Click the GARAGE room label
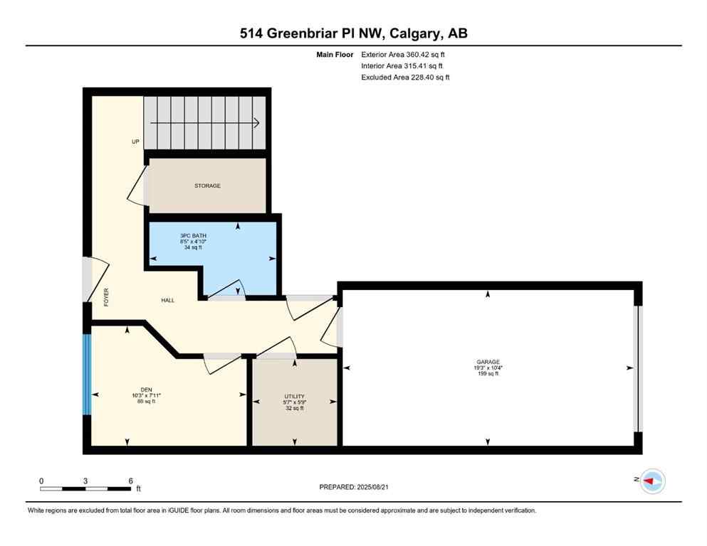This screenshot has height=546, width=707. (488, 362)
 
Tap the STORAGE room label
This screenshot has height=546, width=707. (208, 186)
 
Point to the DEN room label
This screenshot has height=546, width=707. (147, 389)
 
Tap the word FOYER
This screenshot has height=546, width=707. (106, 296)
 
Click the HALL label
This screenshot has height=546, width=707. (167, 300)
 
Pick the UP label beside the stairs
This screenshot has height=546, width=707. (135, 141)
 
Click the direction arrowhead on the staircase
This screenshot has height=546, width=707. (255, 122)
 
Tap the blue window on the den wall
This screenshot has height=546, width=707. (87, 373)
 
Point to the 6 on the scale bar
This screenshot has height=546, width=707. (130, 481)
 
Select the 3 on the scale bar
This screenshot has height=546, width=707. (85, 481)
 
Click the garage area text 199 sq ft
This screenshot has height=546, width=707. (488, 374)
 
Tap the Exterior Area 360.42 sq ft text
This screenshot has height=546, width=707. (406, 54)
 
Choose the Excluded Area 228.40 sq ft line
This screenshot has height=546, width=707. (405, 77)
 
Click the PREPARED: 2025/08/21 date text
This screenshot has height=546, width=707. (355, 487)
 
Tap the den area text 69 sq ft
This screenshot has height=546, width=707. (147, 402)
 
